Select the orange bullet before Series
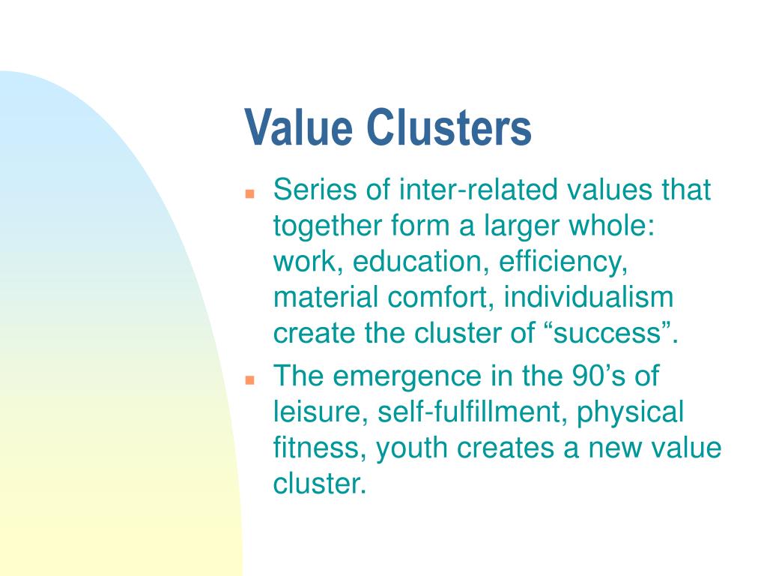pos(251,193)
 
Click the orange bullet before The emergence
pos(251,379)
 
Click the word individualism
pos(589,298)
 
